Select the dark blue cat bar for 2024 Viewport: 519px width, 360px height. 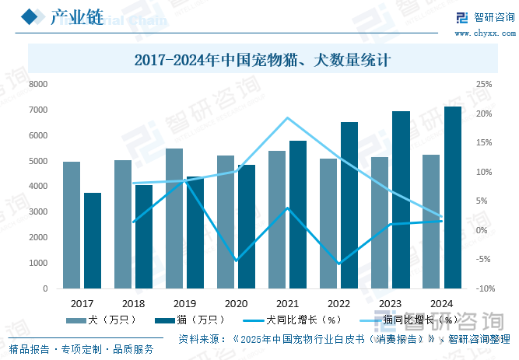pyautogui.click(x=453, y=197)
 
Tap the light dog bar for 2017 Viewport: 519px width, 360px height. pyautogui.click(x=72, y=225)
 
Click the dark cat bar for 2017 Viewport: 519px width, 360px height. pyautogui.click(x=93, y=240)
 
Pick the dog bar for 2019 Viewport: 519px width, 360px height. pyautogui.click(x=174, y=218)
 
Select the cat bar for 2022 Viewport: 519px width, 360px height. pyautogui.click(x=349, y=205)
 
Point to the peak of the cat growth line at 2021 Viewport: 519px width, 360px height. pyautogui.click(x=288, y=118)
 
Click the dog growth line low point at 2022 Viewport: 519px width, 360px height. pyautogui.click(x=338, y=264)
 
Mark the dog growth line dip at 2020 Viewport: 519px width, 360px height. pyautogui.click(x=237, y=260)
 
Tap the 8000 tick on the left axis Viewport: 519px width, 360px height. pyautogui.click(x=38, y=84)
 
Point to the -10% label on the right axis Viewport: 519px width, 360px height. pyautogui.click(x=485, y=288)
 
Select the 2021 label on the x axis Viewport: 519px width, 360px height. pyautogui.click(x=287, y=303)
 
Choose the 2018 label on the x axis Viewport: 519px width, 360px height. pyautogui.click(x=133, y=303)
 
